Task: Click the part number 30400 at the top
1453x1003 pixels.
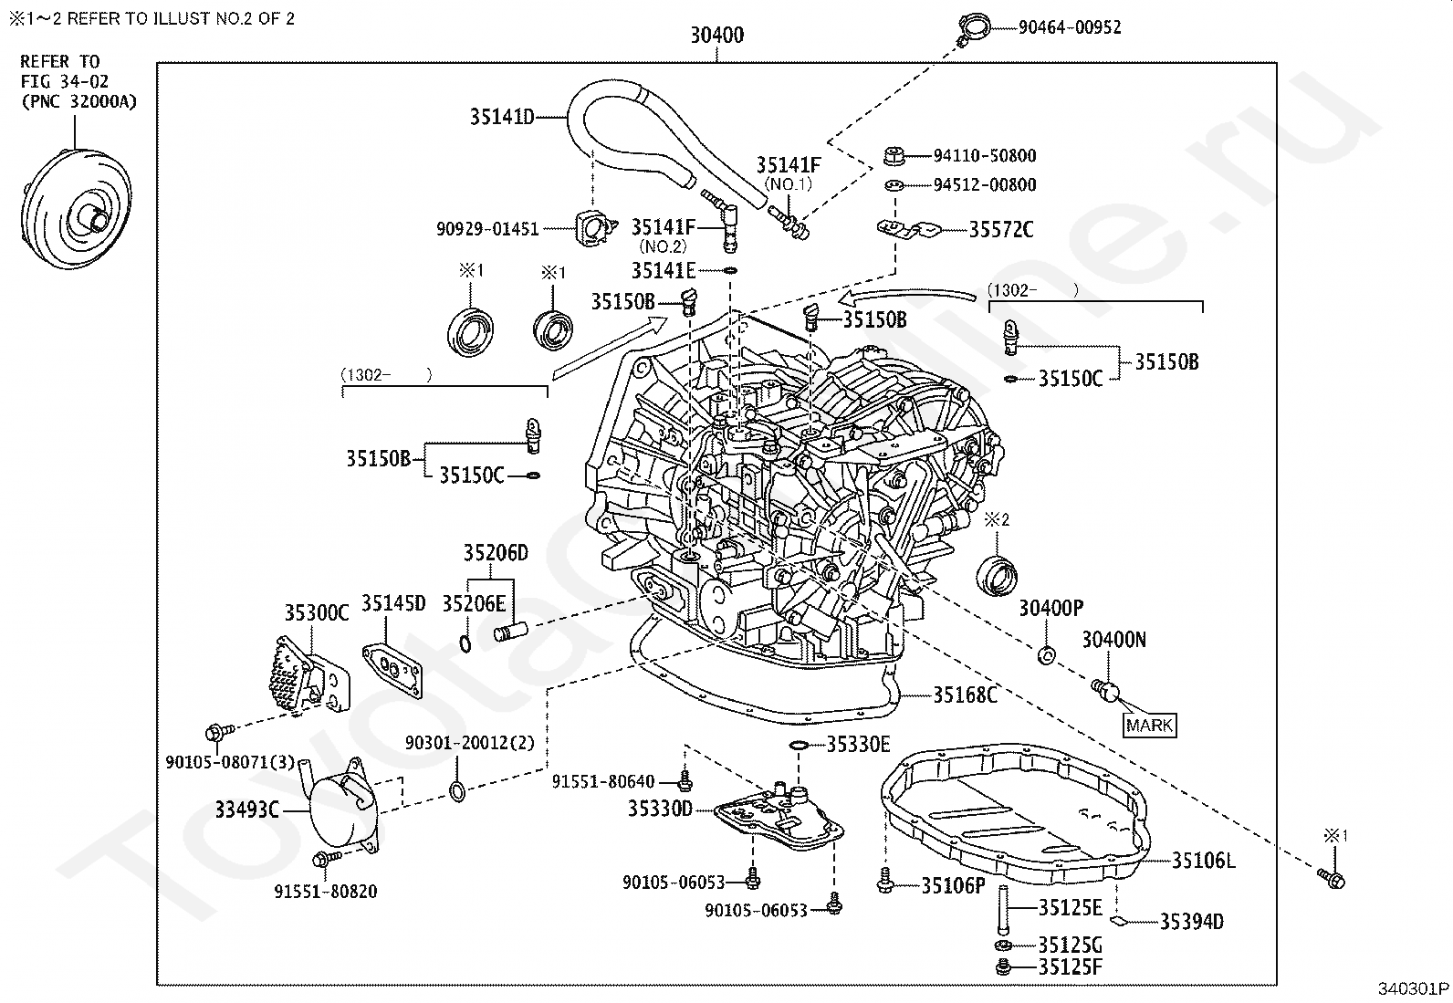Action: pyautogui.click(x=716, y=35)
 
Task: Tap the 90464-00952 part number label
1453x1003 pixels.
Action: pyautogui.click(x=1070, y=27)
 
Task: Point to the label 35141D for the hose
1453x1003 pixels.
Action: pyautogui.click(x=502, y=117)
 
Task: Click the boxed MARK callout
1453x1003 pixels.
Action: pyautogui.click(x=1149, y=725)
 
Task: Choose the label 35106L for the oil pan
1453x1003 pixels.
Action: pyautogui.click(x=1203, y=861)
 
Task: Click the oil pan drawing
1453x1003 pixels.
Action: pyautogui.click(x=1016, y=815)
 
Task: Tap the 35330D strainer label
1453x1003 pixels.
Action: pyautogui.click(x=660, y=809)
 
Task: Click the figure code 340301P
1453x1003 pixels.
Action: pyautogui.click(x=1413, y=988)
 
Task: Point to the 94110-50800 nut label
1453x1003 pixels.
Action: pyautogui.click(x=985, y=156)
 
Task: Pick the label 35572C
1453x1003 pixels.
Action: pyautogui.click(x=1001, y=230)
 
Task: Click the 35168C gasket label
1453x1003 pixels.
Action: pyautogui.click(x=966, y=695)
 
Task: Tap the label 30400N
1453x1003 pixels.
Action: pyautogui.click(x=1113, y=640)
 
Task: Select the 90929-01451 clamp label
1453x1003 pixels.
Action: pyautogui.click(x=487, y=229)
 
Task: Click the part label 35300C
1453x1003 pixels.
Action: pyautogui.click(x=317, y=612)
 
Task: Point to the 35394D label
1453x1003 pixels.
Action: pyautogui.click(x=1192, y=921)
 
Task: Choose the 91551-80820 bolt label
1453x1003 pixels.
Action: pyautogui.click(x=326, y=892)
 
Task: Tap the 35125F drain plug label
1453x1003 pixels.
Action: pyautogui.click(x=1071, y=966)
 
